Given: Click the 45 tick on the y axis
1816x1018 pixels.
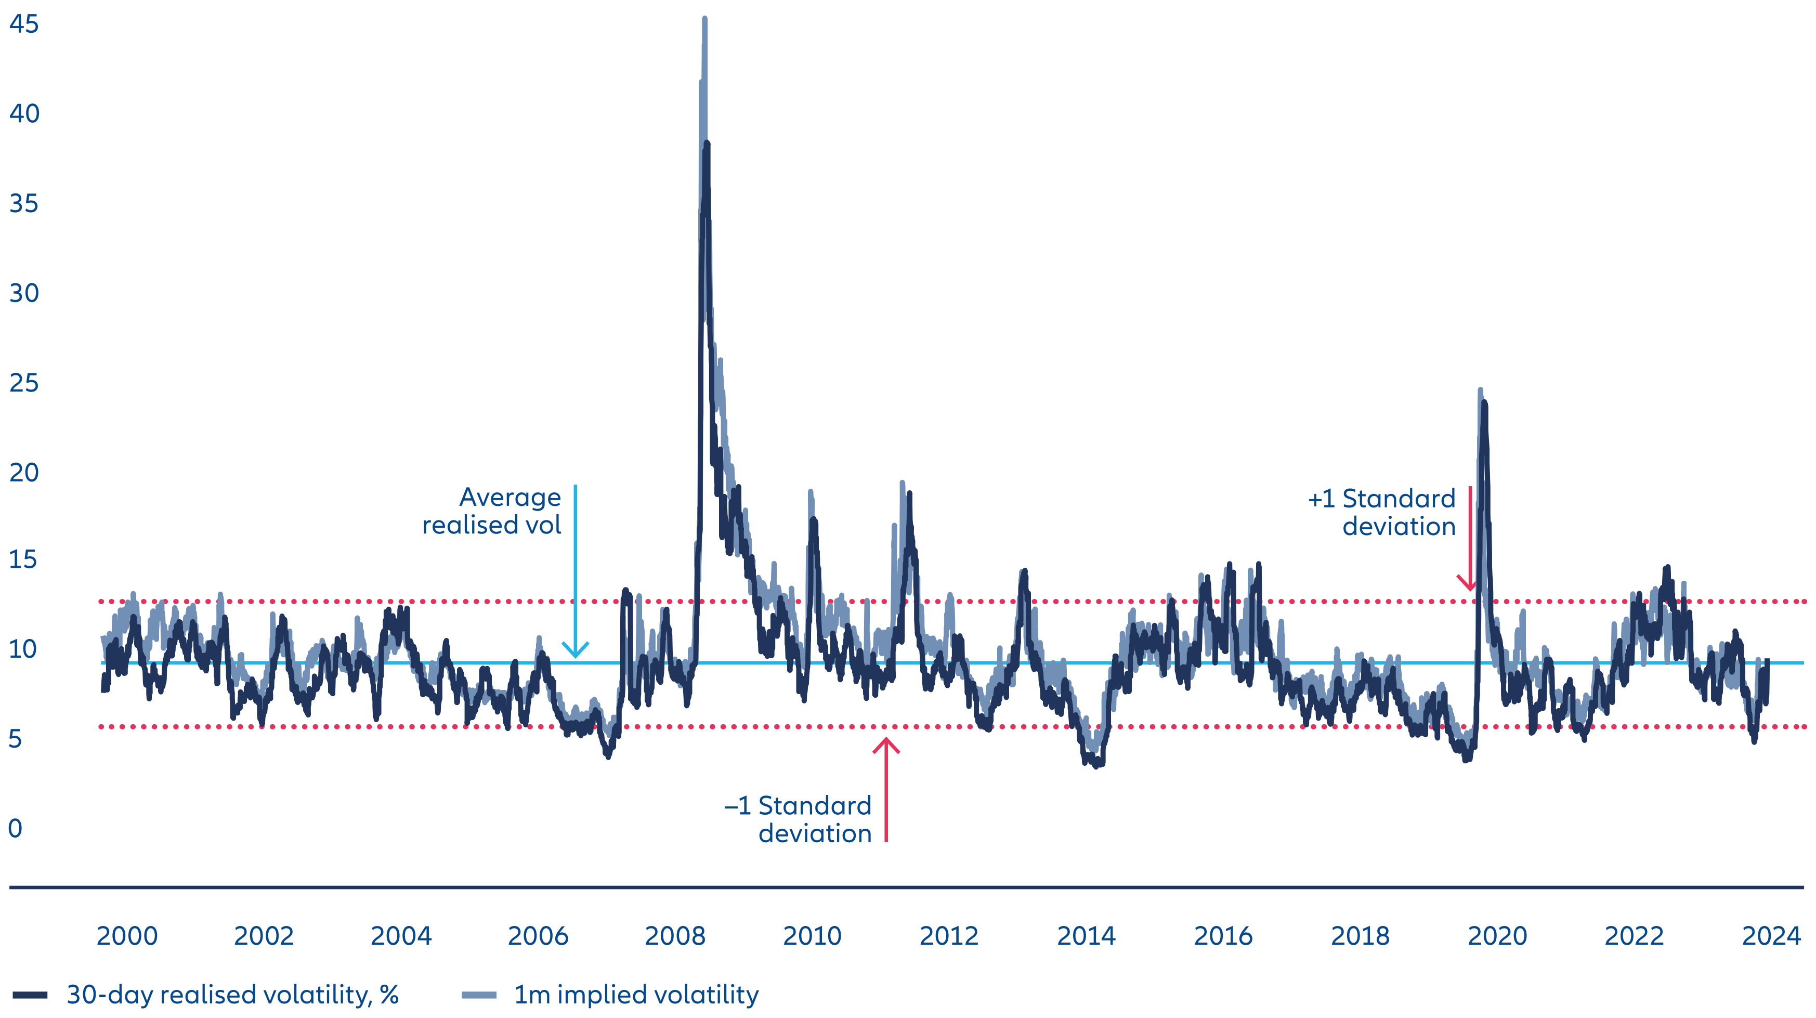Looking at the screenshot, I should pyautogui.click(x=23, y=24).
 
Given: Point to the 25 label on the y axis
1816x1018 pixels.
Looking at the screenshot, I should pyautogui.click(x=23, y=384).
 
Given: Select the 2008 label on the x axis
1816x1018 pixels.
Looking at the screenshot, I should pyautogui.click(x=675, y=936).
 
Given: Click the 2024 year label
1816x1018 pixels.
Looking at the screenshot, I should pyautogui.click(x=1771, y=936).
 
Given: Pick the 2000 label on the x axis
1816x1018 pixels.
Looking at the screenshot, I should pyautogui.click(x=127, y=936).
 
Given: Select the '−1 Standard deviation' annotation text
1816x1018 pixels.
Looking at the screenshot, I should pyautogui.click(x=798, y=819).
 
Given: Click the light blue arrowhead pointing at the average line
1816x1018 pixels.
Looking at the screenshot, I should pyautogui.click(x=575, y=651).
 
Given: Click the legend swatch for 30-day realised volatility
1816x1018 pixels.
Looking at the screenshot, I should pyautogui.click(x=30, y=996).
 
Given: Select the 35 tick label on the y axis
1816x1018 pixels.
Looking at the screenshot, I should pyautogui.click(x=23, y=204).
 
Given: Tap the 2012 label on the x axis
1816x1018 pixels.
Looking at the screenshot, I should pyautogui.click(x=949, y=936).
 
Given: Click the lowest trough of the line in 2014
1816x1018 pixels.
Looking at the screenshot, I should pyautogui.click(x=1096, y=766).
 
